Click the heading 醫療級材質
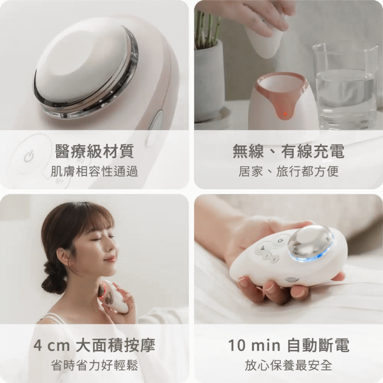pos(94,151)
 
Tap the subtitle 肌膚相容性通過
pos(94,171)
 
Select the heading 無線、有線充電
pos(288,151)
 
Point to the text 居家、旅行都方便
pos(288,171)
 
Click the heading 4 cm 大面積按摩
pos(94,345)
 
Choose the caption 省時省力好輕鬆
pos(94,365)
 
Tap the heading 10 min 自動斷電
pos(288,345)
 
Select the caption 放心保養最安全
pos(288,365)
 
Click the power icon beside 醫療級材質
pos(29,156)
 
